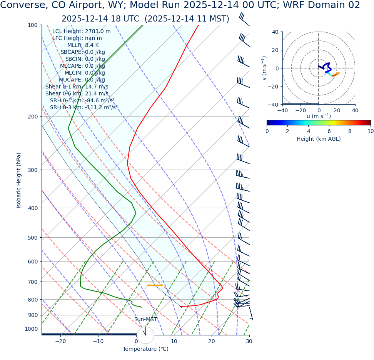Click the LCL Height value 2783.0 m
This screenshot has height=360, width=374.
tap(97, 32)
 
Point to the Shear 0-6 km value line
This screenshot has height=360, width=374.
tap(77, 94)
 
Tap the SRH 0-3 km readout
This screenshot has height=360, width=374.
tap(83, 108)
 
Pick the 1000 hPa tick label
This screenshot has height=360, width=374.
tap(31, 329)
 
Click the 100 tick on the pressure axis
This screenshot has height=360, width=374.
tap(32, 25)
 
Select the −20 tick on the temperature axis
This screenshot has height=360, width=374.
tap(60, 342)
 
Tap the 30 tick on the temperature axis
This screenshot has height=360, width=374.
tap(249, 342)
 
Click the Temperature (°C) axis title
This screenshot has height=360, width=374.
tap(145, 349)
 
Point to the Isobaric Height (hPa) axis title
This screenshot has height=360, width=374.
tap(19, 180)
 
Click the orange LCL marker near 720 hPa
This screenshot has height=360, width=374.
tap(155, 285)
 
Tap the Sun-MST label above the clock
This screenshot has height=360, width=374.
tap(145, 320)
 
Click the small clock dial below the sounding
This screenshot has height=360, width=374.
tap(145, 335)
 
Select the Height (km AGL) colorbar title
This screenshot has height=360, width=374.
tap(319, 139)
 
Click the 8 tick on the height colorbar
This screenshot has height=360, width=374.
tap(350, 131)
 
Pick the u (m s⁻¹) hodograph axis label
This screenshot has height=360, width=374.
tap(319, 116)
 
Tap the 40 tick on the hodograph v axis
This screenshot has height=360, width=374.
tap(275, 32)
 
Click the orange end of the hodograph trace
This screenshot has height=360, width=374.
tap(338, 73)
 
